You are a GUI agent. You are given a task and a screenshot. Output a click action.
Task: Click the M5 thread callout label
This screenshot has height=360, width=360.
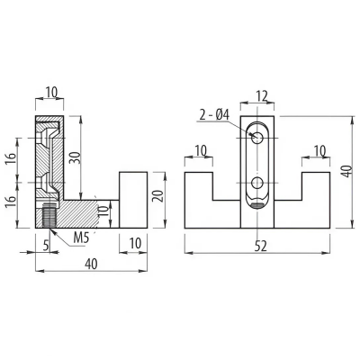pos(81,238)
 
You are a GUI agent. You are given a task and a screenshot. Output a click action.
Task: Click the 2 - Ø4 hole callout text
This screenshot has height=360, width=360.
pos(214,115)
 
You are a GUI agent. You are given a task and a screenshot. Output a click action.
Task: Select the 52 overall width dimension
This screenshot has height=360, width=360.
pos(260,247)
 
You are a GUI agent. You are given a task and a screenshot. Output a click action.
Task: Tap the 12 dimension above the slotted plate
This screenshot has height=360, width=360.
pos(261,96)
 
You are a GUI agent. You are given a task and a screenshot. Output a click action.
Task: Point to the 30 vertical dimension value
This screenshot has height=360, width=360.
pos(76,157)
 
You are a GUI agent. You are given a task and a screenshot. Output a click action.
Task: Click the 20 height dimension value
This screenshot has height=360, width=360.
pos(159,196)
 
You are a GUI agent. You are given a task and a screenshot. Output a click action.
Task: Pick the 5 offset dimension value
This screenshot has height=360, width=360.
pos(46,246)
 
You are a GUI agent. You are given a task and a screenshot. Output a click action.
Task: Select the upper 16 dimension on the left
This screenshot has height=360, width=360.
pos(10,158)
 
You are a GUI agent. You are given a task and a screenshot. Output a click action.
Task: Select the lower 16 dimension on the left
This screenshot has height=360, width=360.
pos(10,202)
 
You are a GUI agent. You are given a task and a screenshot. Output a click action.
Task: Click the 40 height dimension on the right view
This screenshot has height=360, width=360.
pos(347,171)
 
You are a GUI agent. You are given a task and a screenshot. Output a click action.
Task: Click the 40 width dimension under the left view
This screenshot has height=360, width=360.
pos(91,264)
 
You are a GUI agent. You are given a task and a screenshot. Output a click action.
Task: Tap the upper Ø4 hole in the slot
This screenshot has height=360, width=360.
pos(257,138)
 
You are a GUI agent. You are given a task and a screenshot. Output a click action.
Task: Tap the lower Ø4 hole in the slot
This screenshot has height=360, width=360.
pos(257,183)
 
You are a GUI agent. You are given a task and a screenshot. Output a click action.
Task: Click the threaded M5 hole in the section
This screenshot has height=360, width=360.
pos(49,215)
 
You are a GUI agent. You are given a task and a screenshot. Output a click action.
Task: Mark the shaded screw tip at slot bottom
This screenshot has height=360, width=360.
pos(257,205)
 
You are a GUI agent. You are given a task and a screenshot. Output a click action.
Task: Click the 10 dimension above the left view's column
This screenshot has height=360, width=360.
pos(51,93)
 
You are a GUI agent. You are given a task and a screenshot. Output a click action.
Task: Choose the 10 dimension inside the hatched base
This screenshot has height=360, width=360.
pos(103,211)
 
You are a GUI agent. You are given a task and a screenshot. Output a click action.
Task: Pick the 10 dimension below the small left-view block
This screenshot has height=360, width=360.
pos(135,244)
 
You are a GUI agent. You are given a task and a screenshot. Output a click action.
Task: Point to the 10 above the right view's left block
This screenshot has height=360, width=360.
pos(201,150)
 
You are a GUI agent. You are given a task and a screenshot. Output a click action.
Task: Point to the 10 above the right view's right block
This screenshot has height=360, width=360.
pos(319,150)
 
